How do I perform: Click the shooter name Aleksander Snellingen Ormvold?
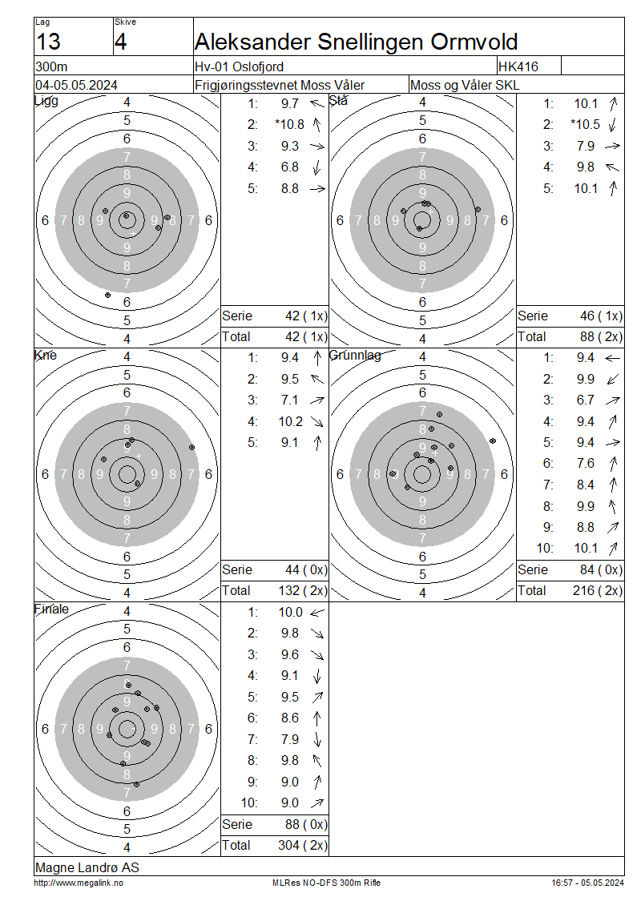click(x=357, y=42)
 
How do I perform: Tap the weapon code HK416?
click(x=518, y=66)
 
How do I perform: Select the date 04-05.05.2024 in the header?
click(x=76, y=86)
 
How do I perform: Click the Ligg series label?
click(x=46, y=101)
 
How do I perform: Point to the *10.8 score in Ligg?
click(x=290, y=125)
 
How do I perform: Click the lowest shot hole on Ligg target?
click(x=107, y=295)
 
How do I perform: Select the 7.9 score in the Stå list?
click(x=586, y=146)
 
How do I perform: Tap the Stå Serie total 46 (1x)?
click(x=601, y=316)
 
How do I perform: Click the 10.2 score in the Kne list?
click(x=291, y=422)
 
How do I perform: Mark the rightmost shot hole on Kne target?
click(x=191, y=448)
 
